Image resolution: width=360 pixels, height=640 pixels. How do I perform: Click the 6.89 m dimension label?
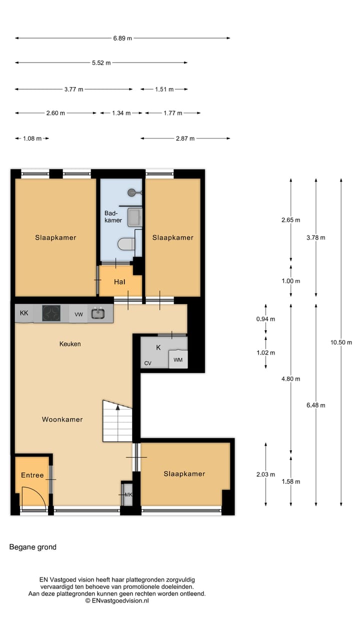pos(122,38)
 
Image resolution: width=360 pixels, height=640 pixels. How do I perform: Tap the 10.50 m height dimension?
pos(341,342)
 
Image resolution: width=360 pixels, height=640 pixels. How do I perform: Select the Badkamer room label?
pos(113,216)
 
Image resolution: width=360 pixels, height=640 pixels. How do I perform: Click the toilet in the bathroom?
pos(127,244)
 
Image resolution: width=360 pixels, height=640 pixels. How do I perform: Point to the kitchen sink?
pos(97,313)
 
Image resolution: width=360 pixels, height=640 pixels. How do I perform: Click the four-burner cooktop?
pos(51,313)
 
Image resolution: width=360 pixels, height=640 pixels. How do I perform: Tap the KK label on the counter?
pos(24,313)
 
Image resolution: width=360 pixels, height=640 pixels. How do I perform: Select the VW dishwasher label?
pos(78,314)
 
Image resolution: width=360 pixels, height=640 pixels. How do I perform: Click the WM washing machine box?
pos(178,359)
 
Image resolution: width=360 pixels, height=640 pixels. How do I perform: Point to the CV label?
pos(148,363)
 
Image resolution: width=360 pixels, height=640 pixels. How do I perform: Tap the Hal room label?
pos(119,282)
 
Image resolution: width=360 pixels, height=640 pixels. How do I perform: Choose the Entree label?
pos(32,475)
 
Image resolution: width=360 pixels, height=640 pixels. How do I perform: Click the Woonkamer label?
pos(62,419)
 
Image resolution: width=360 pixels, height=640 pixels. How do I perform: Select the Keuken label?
pos(70,344)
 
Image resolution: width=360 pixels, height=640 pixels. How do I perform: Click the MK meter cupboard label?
pos(128,495)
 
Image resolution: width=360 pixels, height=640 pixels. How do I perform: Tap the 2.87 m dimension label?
pos(185,138)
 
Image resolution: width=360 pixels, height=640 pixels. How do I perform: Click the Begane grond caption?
pos(33,547)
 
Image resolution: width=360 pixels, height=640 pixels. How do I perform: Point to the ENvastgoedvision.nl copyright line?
pos(117,600)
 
